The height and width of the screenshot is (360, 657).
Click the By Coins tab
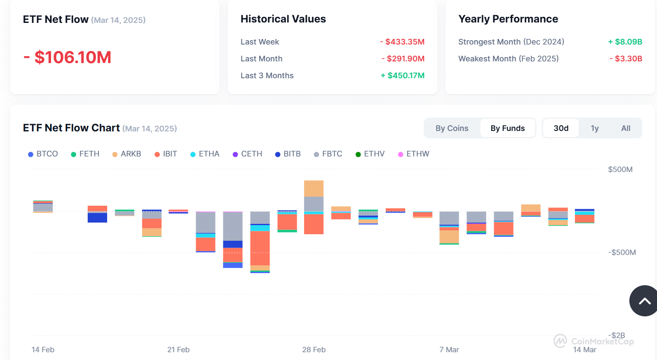(452, 128)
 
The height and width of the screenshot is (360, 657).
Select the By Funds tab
(508, 128)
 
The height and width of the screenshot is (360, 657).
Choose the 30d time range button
(561, 128)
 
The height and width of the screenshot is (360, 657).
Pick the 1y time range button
(595, 128)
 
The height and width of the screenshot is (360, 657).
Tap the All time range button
(625, 128)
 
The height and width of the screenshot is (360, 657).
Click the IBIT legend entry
(166, 154)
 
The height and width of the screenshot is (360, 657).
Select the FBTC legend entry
(328, 154)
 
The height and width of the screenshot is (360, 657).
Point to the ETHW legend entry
(413, 154)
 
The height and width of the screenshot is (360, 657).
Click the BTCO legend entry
(43, 154)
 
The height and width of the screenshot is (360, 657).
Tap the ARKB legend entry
(127, 154)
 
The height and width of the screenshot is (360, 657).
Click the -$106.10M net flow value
(67, 57)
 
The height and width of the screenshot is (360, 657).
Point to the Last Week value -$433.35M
(402, 42)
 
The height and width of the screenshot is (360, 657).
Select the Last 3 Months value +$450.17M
(403, 76)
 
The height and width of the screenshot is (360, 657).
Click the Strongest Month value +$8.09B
(625, 42)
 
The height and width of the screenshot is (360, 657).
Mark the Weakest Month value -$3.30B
(626, 59)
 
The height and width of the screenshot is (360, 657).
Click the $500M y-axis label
(620, 169)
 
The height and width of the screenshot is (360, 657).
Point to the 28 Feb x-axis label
(314, 350)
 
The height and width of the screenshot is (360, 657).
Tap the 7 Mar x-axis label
(449, 350)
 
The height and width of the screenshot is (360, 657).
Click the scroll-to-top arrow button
(644, 301)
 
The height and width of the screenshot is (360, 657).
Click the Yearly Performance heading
(508, 19)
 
